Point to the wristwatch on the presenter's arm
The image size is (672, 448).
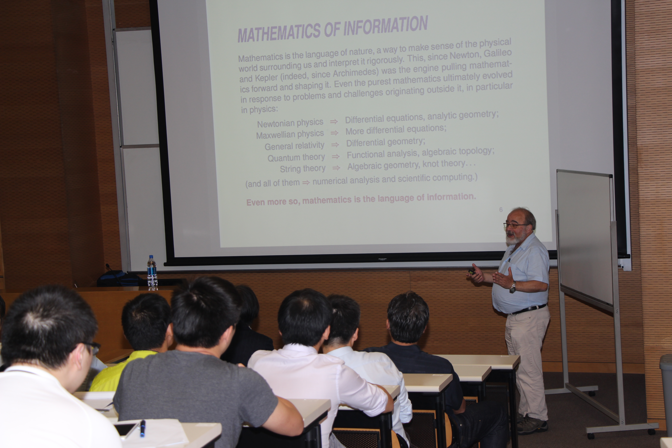[513, 287]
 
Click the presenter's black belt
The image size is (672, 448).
[529, 309]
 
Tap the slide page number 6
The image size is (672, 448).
[501, 210]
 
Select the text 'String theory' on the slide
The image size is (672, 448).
[303, 169]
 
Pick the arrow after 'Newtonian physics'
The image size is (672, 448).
[334, 122]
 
